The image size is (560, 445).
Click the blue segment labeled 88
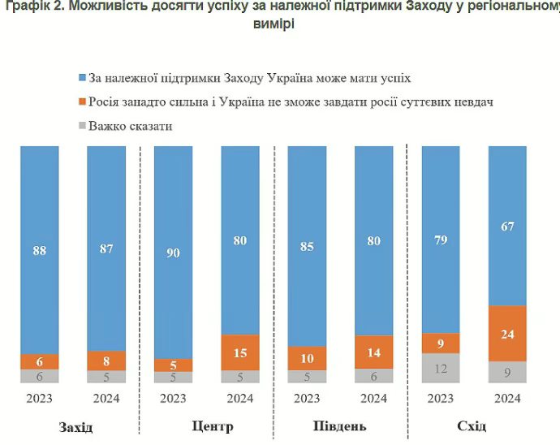39,250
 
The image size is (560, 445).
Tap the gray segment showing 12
440,368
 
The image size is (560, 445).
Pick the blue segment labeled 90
173,252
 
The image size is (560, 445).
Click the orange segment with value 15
239,352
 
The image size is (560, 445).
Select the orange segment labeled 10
307,358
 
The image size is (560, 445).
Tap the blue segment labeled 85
307,246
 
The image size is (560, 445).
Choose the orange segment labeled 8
106,361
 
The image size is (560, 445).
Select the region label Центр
212,426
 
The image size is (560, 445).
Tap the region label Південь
339,426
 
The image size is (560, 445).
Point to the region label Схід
471,426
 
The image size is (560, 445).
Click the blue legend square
81,79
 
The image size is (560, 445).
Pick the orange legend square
81,102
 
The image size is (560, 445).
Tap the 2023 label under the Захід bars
39,399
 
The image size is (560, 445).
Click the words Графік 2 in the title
31,8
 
